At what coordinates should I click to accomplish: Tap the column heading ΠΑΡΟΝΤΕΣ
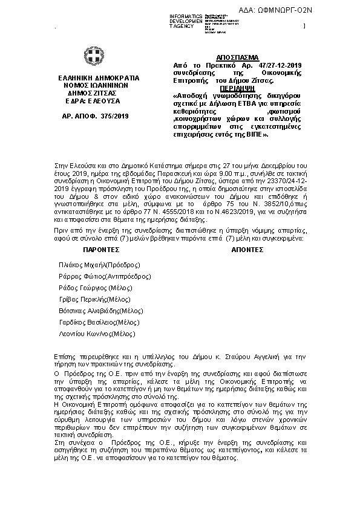coord(101,248)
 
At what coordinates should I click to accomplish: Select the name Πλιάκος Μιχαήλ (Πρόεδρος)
coord(99,265)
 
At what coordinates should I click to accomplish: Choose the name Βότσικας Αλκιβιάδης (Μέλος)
coord(101,311)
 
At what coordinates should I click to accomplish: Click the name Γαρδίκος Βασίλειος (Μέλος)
coord(99,322)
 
